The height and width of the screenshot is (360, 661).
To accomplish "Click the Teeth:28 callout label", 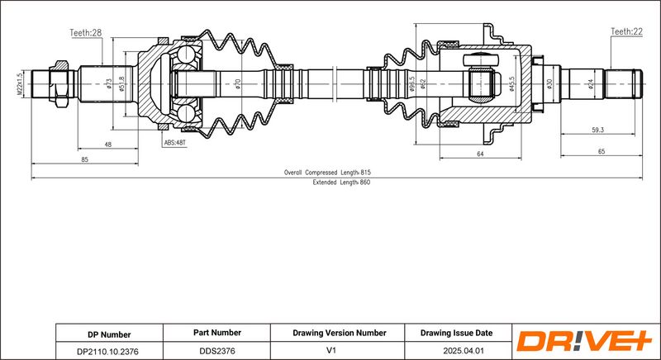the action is coord(86,33).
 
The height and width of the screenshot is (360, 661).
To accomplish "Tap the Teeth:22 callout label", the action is coord(626,31).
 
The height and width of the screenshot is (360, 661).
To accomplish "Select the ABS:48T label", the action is coord(174,143).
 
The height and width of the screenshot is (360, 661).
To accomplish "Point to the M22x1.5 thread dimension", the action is coord(19,84).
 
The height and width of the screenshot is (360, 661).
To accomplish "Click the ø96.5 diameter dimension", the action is coord(412,83).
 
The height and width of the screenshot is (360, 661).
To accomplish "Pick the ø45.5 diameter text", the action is coord(511,83).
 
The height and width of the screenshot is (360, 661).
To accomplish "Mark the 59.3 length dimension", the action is coord(597,130).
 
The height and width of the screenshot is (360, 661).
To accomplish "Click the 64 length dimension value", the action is coord(480,154).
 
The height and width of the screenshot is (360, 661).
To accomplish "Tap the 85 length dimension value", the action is coord(85,159).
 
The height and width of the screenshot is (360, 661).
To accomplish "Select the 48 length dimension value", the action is coord(108,144).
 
